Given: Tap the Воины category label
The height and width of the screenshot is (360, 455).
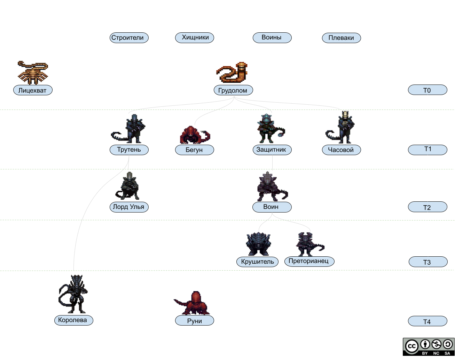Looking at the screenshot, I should pos(272,38).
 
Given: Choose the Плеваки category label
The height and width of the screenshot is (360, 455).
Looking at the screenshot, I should pos(341,38).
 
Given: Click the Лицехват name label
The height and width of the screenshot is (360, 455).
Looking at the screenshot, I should pos(33,90).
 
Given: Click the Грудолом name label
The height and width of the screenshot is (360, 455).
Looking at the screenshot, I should pos(233,90).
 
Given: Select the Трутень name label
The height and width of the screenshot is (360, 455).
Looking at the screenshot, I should pos(129,150).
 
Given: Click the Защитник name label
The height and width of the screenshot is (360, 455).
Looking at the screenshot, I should pos(272,150).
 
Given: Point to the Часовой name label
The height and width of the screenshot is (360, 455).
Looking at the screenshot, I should pos(341,150).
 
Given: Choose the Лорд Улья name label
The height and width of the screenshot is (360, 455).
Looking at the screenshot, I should pos(128,207).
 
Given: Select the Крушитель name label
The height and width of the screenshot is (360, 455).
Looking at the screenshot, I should pos(258,262).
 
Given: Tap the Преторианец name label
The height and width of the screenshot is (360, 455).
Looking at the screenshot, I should pos(309,261).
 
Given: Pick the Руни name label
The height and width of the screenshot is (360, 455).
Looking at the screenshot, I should pos(194,321).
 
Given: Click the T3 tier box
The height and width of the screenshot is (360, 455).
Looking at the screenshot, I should pos(427,262).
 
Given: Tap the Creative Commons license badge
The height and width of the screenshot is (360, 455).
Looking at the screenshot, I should pos(429,347).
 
